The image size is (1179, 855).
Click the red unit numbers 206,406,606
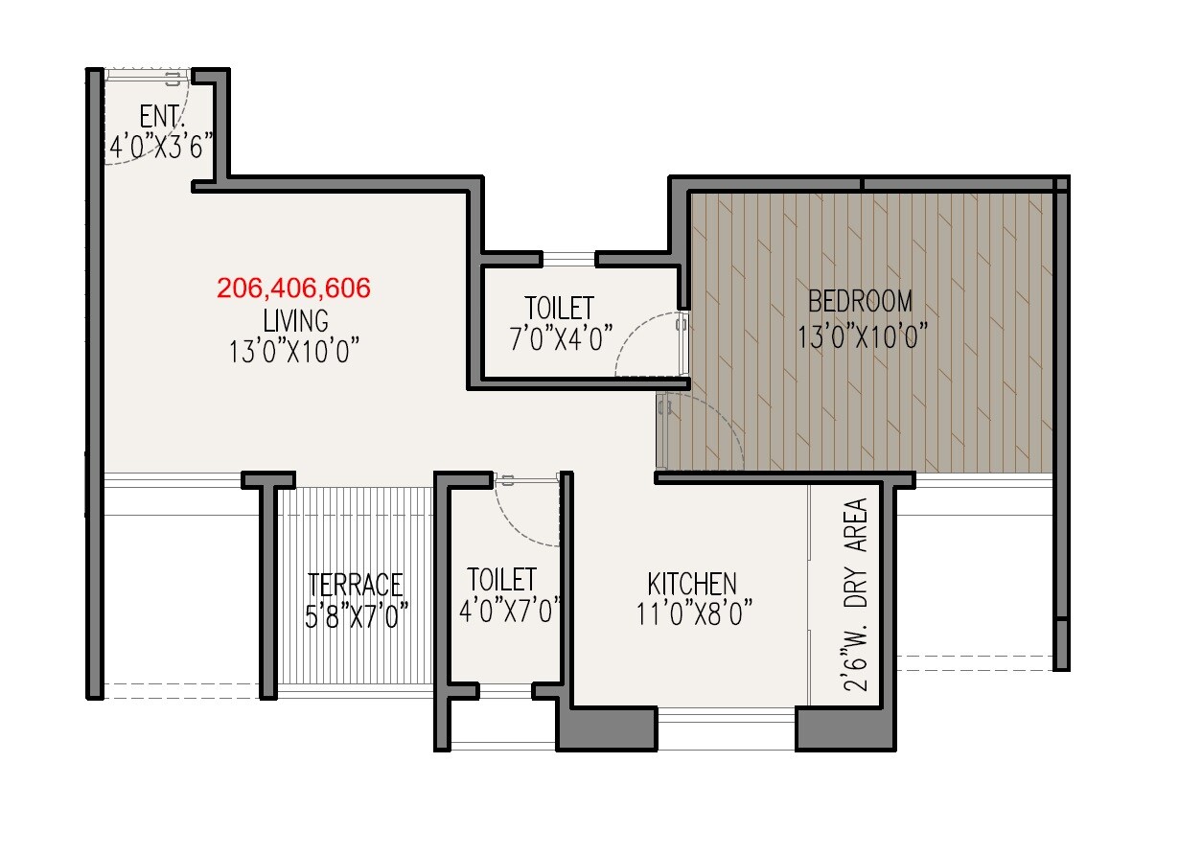[x=293, y=288]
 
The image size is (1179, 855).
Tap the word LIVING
[x=293, y=319]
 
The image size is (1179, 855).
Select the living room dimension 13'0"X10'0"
[x=293, y=351]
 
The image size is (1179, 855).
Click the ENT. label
[x=160, y=117]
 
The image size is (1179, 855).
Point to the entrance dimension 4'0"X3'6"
[x=159, y=147]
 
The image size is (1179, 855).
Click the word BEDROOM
[x=861, y=302]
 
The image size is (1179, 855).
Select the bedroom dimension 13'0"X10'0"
[x=861, y=336]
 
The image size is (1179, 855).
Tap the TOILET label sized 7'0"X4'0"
[x=559, y=309]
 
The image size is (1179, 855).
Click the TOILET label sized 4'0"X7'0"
[x=501, y=580]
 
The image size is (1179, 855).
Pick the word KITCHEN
[x=692, y=584]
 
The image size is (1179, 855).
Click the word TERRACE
[x=356, y=585]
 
